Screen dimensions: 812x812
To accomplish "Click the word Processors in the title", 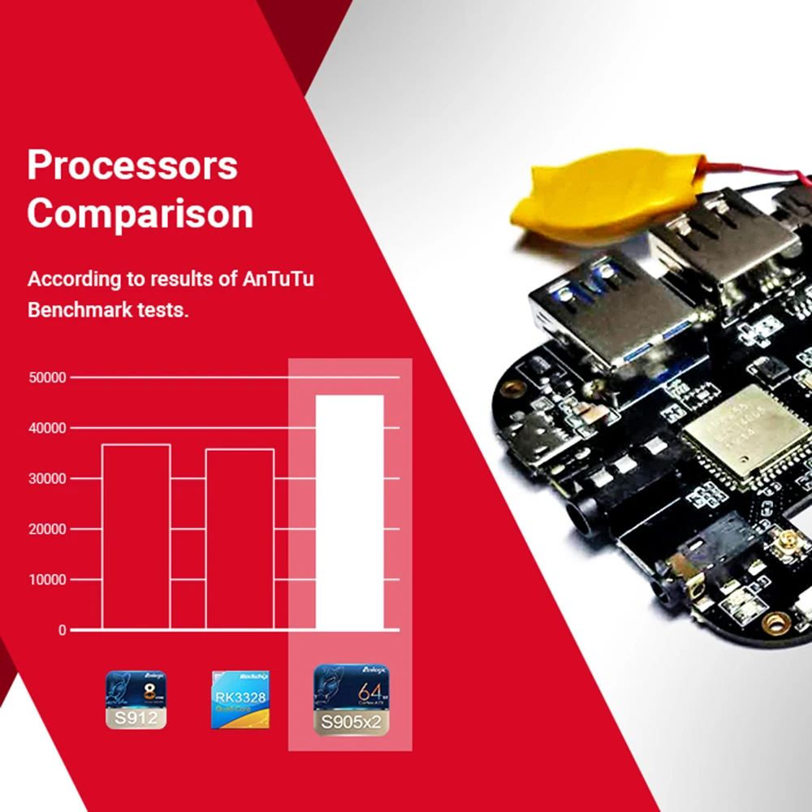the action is tap(132, 166).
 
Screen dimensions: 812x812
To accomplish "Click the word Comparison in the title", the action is tap(140, 214).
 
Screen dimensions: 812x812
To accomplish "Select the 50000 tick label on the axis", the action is tap(46, 378).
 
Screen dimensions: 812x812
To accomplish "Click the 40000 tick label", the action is tap(46, 428).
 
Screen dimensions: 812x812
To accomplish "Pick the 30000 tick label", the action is tap(46, 479).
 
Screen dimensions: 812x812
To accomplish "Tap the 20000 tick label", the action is tap(46, 529).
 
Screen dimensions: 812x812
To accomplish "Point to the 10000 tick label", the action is tap(46, 580).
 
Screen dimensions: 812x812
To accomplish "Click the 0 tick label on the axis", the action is tap(62, 630).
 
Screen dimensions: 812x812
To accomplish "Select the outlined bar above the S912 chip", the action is tap(136, 537).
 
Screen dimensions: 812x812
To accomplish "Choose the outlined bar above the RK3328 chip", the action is tap(240, 539).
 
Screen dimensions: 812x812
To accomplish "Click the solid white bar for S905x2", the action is tap(349, 512).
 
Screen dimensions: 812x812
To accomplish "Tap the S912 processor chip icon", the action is tap(136, 699).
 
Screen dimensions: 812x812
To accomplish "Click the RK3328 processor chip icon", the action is tap(240, 699).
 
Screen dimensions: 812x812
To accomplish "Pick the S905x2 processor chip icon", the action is tap(351, 700).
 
